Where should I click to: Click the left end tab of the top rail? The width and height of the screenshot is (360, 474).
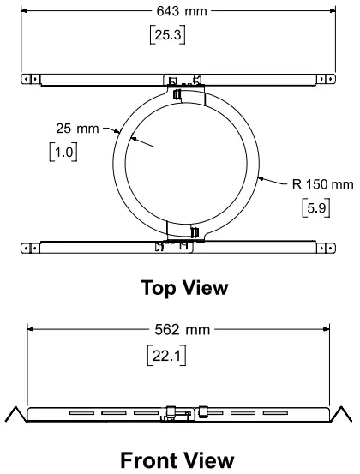30,79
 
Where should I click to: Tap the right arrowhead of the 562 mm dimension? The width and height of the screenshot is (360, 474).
327,328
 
